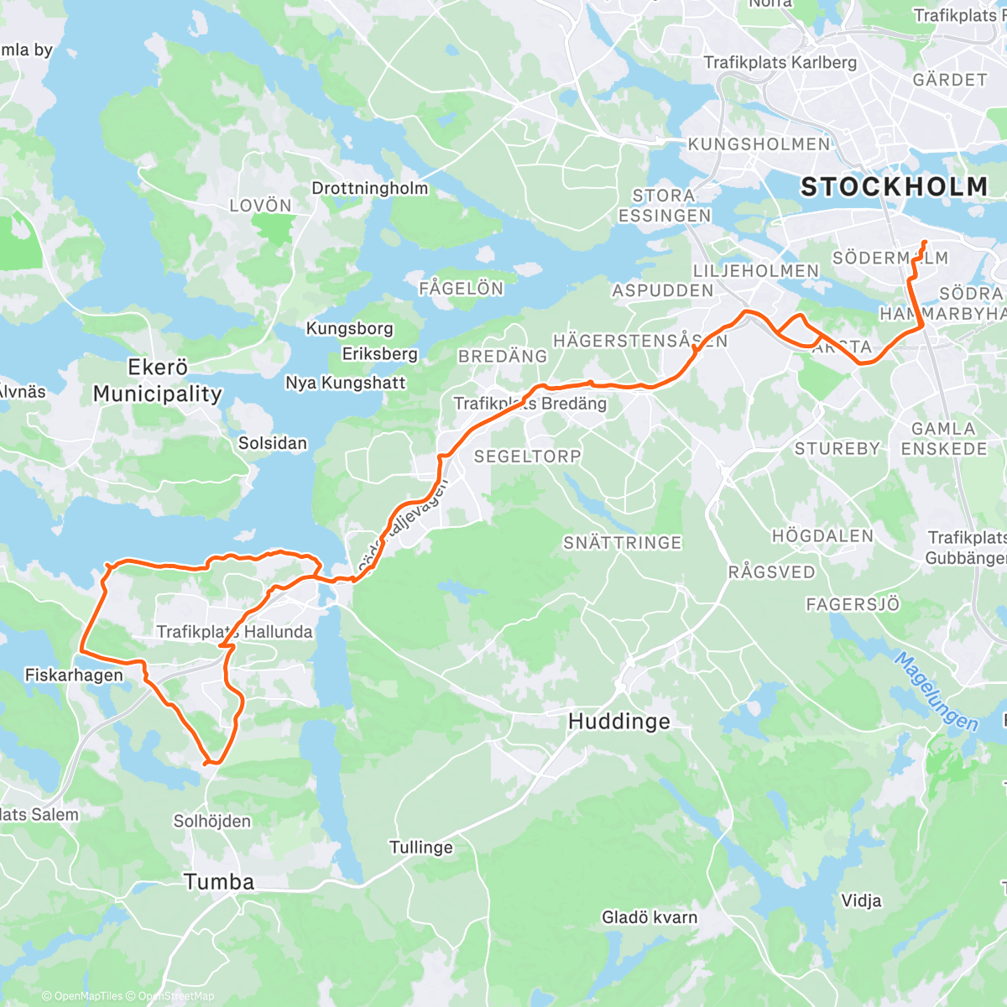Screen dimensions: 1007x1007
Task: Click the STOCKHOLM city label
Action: pos(894,186)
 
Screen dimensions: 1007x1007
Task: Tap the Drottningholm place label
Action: pos(369,188)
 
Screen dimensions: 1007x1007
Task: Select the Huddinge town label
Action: pos(618,721)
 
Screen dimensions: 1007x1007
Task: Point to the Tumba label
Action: pos(218,881)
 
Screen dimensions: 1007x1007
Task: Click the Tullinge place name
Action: pos(420,847)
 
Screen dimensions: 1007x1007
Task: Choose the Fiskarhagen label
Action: pos(74,675)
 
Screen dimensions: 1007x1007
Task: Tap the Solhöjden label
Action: pos(211,821)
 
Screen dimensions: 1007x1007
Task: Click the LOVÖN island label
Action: pos(260,206)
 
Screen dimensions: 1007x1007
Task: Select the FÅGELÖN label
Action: pos(461,289)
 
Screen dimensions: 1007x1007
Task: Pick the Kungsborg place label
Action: pos(349,328)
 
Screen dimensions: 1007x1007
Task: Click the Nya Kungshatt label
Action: pos(345,383)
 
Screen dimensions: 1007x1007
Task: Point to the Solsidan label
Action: pos(273,442)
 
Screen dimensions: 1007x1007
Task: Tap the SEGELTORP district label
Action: pos(527,457)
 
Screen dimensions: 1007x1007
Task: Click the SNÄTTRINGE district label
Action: pos(622,543)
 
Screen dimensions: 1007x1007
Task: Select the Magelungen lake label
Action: pos(935,691)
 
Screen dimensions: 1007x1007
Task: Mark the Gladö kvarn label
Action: pos(649,917)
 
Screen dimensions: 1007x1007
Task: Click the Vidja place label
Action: pos(861,900)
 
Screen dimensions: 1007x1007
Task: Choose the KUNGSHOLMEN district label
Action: pos(759,144)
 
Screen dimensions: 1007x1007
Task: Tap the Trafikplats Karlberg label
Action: pos(780,62)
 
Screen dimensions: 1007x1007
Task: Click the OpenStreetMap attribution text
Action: pos(175,996)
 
